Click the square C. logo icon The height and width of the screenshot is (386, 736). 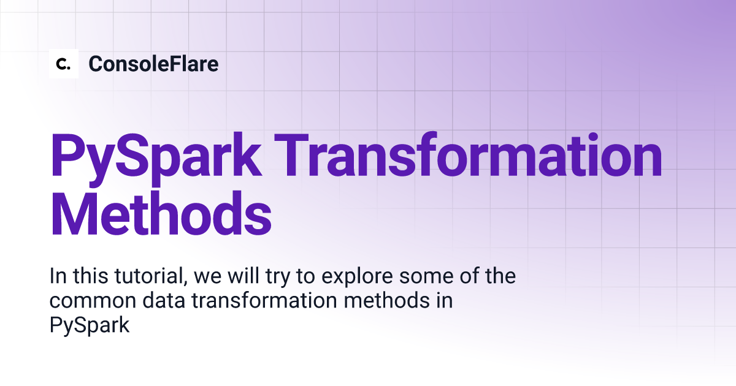tap(64, 64)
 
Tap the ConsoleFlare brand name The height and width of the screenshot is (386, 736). tap(153, 64)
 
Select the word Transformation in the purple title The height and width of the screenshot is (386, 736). tap(468, 155)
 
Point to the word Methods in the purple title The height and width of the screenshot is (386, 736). tap(161, 213)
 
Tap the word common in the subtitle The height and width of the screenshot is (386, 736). tap(93, 301)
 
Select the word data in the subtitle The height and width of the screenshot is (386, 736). tap(164, 300)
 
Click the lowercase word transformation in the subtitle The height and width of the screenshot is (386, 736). tap(264, 300)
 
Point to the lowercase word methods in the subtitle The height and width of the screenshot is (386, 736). tap(387, 300)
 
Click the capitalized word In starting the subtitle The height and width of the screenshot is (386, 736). tap(58, 276)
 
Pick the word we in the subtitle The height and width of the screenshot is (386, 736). tap(208, 278)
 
